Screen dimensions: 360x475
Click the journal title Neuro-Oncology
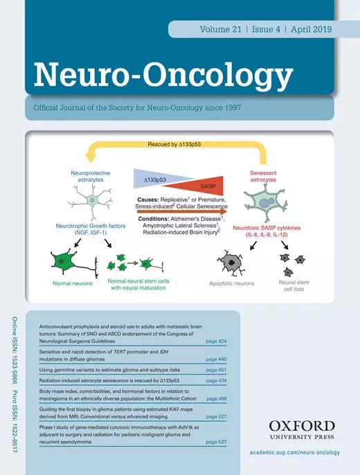click(x=163, y=75)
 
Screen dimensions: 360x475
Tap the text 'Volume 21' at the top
click(x=220, y=29)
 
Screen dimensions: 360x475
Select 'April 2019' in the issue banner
click(x=312, y=29)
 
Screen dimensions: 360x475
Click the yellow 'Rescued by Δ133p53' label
click(x=174, y=145)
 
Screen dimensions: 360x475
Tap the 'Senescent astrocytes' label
click(x=263, y=177)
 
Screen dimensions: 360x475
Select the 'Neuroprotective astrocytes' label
click(x=91, y=177)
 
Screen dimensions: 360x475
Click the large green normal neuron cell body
click(x=63, y=261)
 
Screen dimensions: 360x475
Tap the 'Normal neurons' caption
click(x=73, y=284)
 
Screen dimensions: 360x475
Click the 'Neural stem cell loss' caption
click(x=294, y=286)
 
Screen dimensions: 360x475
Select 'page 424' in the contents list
click(x=216, y=341)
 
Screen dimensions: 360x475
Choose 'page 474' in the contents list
click(x=216, y=381)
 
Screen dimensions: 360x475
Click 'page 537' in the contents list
click(x=216, y=442)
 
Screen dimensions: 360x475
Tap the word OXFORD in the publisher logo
click(x=302, y=427)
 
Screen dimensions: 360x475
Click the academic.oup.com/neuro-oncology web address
click(x=295, y=452)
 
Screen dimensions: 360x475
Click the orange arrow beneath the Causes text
click(x=182, y=212)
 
